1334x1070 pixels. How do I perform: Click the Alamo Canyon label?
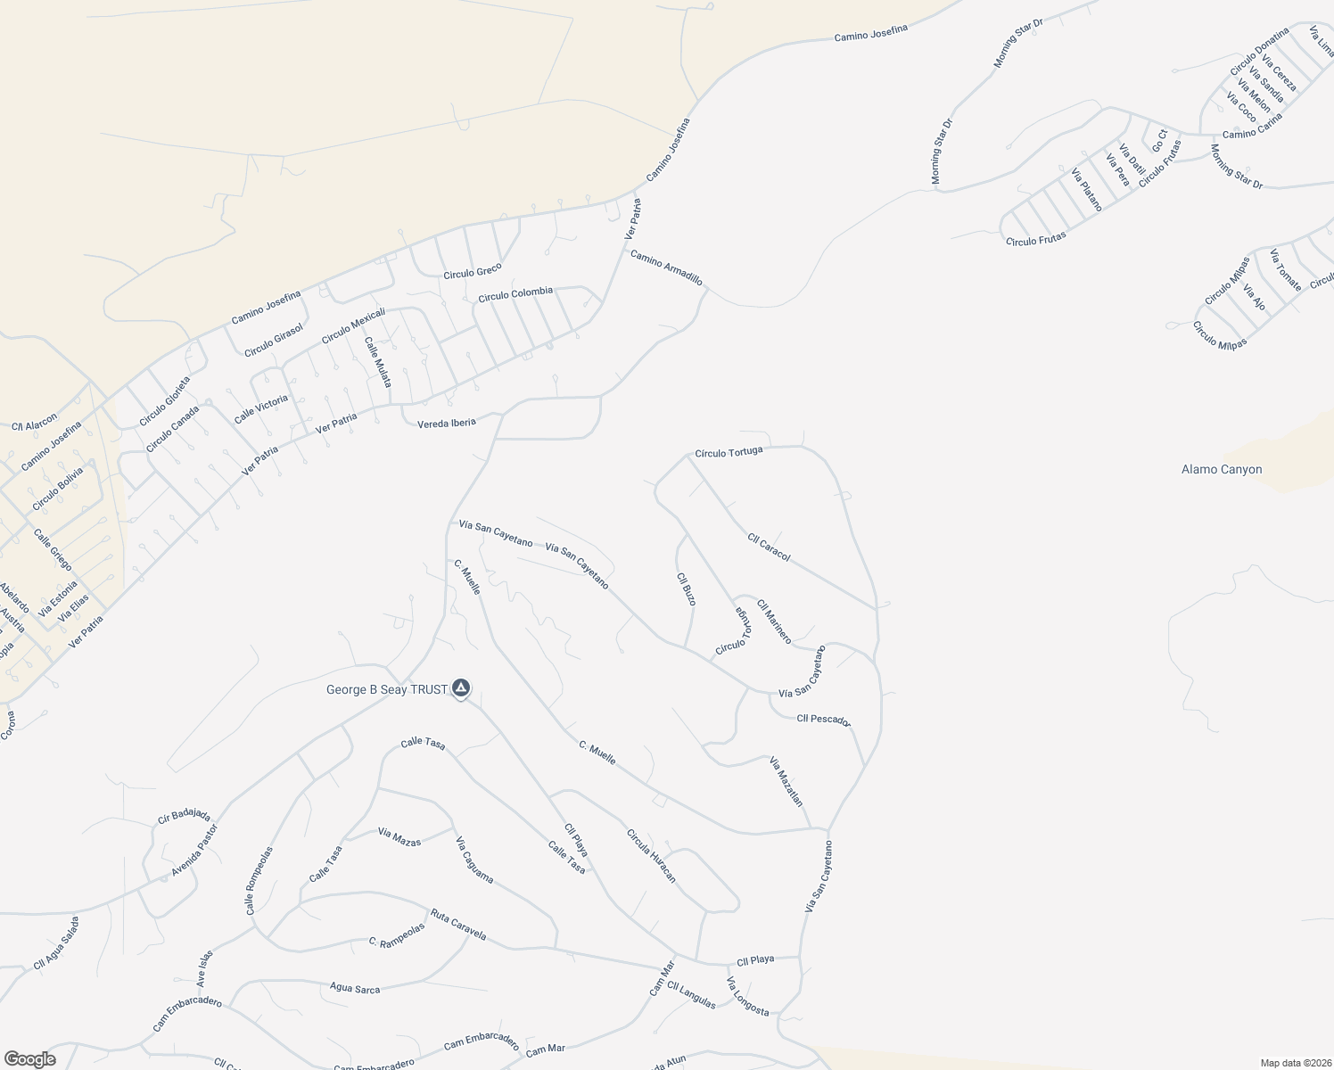click(1221, 470)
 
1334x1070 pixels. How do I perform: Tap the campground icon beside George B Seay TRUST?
click(461, 688)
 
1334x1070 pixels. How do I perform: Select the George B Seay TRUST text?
click(386, 689)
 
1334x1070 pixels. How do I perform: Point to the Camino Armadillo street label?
click(666, 268)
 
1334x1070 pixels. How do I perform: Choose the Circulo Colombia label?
click(515, 294)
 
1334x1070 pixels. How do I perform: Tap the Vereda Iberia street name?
click(447, 424)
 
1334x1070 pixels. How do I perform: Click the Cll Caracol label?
click(769, 547)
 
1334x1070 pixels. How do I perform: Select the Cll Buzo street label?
click(687, 589)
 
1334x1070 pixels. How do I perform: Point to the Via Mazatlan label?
click(786, 781)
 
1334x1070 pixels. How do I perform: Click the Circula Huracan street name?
click(651, 856)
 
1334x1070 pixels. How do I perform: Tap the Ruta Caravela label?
click(458, 925)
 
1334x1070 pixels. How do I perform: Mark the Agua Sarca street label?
click(355, 989)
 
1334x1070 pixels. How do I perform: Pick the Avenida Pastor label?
click(194, 850)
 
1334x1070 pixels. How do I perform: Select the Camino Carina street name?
click(1252, 127)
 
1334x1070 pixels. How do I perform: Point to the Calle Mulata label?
click(377, 361)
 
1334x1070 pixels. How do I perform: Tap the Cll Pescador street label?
click(823, 720)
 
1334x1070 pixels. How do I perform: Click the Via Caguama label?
click(474, 860)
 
